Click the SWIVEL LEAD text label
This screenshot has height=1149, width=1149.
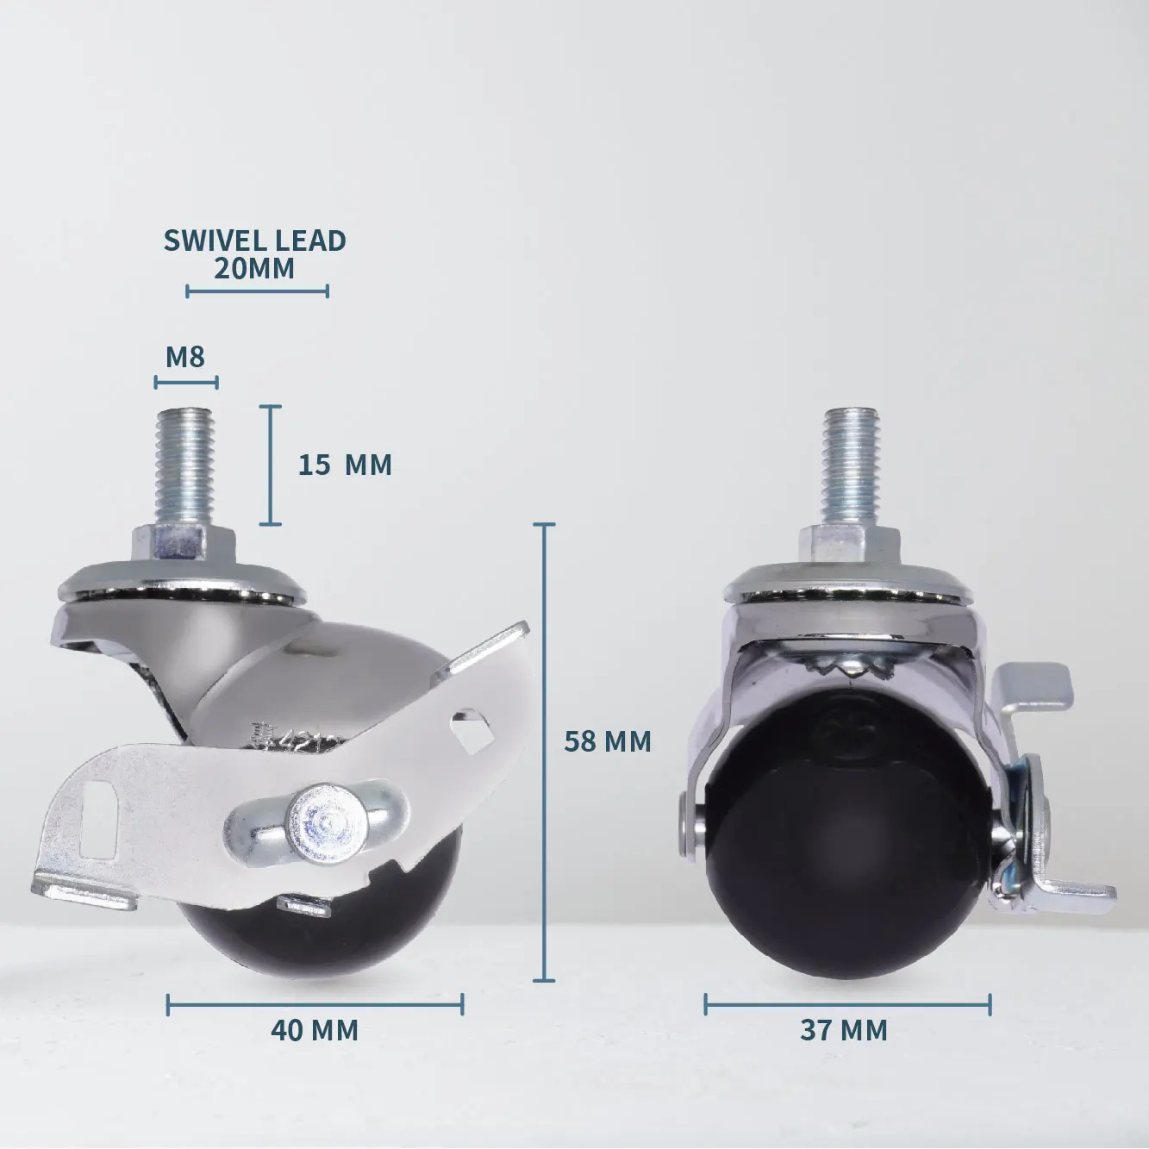[x=254, y=240]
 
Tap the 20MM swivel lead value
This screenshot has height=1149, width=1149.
[x=254, y=269]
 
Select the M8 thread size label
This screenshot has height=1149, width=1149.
[x=185, y=356]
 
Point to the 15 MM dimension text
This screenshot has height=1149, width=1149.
[x=345, y=465]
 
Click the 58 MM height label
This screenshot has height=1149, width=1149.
[x=608, y=740]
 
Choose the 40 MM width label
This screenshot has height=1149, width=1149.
[x=315, y=1029]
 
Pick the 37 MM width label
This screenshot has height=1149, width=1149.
[x=844, y=1029]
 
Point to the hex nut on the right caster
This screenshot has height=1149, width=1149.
[x=848, y=543]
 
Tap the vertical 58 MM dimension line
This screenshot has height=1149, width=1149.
[x=543, y=750]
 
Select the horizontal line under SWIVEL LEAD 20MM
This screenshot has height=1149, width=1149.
[x=257, y=291]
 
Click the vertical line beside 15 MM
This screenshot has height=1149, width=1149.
[x=271, y=465]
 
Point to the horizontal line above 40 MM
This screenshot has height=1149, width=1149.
[x=315, y=1003]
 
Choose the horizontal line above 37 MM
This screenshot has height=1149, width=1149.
[x=847, y=1004]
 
